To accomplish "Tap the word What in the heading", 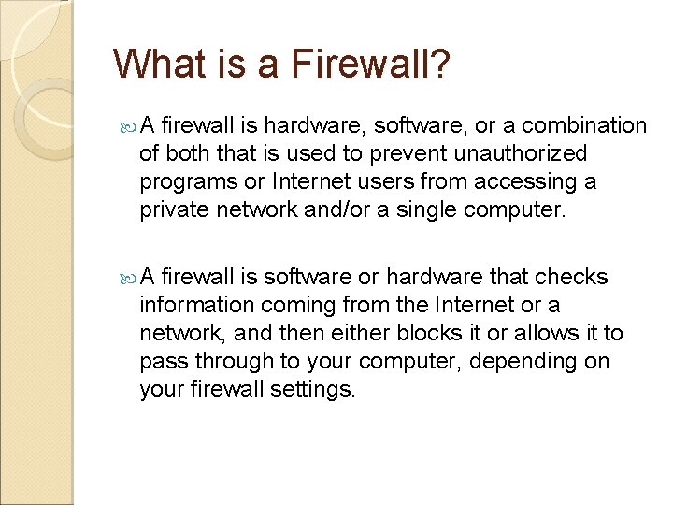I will tap(154, 65).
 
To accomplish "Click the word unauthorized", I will tap(530, 153).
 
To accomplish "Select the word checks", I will tap(572, 277).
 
